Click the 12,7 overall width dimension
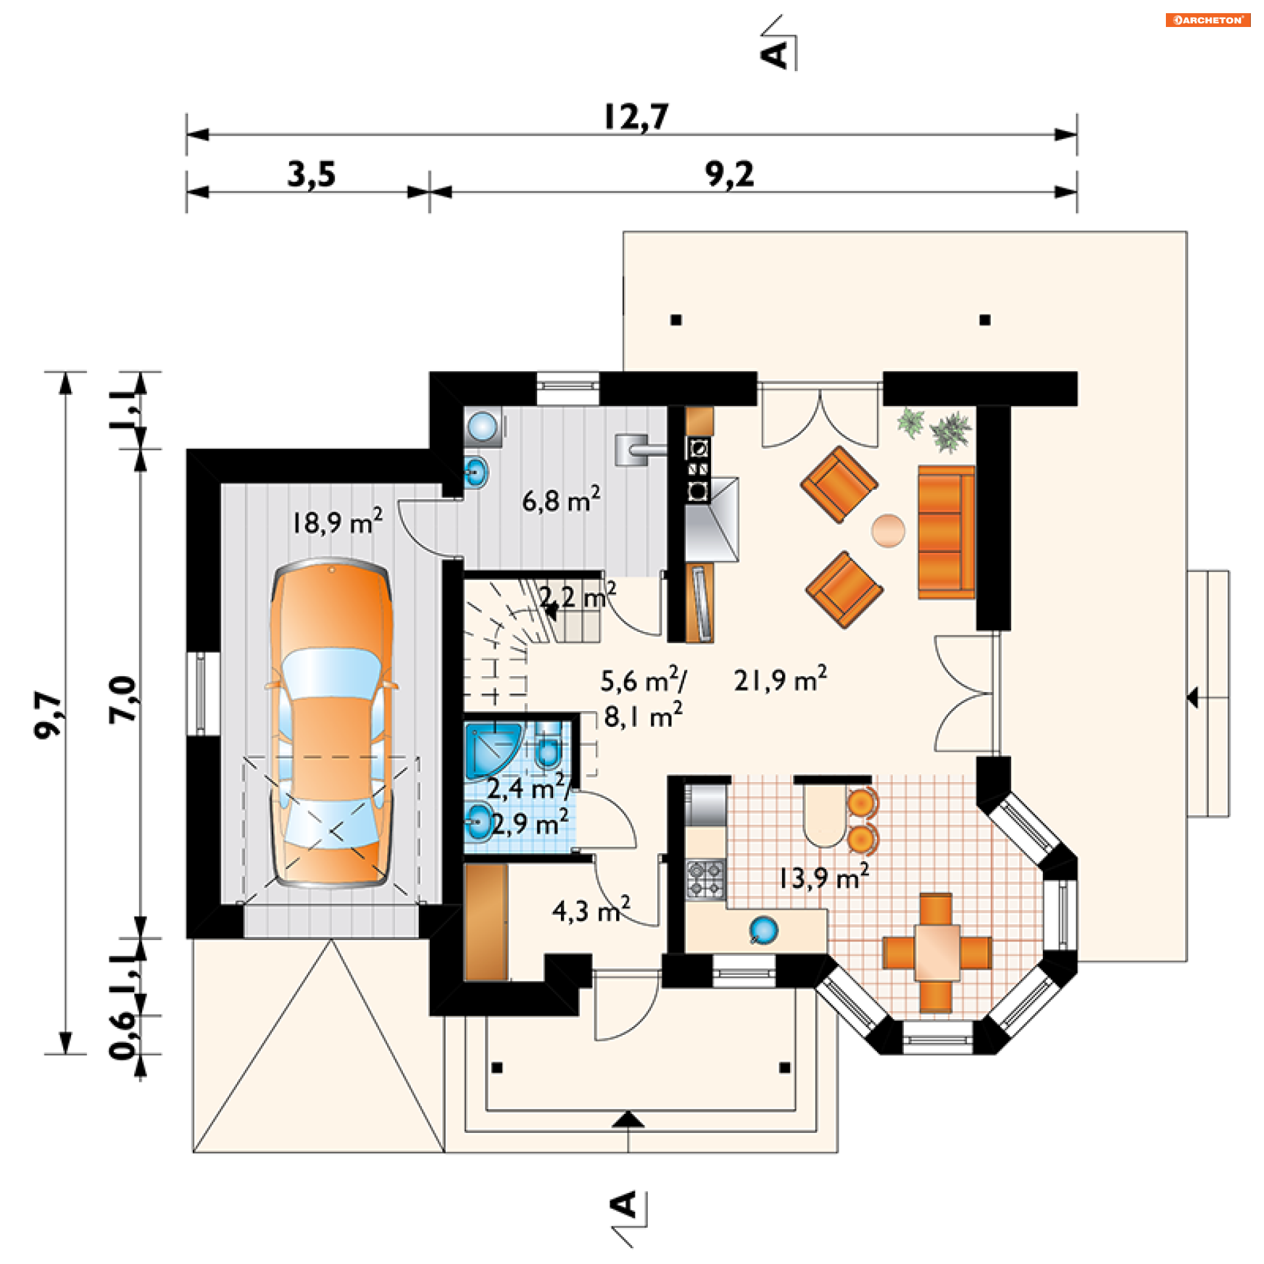636,117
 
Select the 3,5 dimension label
311,174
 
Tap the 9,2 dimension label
729,174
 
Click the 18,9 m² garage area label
336,522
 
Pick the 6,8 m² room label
561,500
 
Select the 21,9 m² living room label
780,679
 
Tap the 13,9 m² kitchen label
823,877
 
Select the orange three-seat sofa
945,532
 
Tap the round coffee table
888,530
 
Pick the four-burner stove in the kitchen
705,879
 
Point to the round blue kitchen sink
764,930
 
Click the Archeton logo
1207,20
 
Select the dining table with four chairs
936,952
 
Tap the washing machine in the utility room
484,426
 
